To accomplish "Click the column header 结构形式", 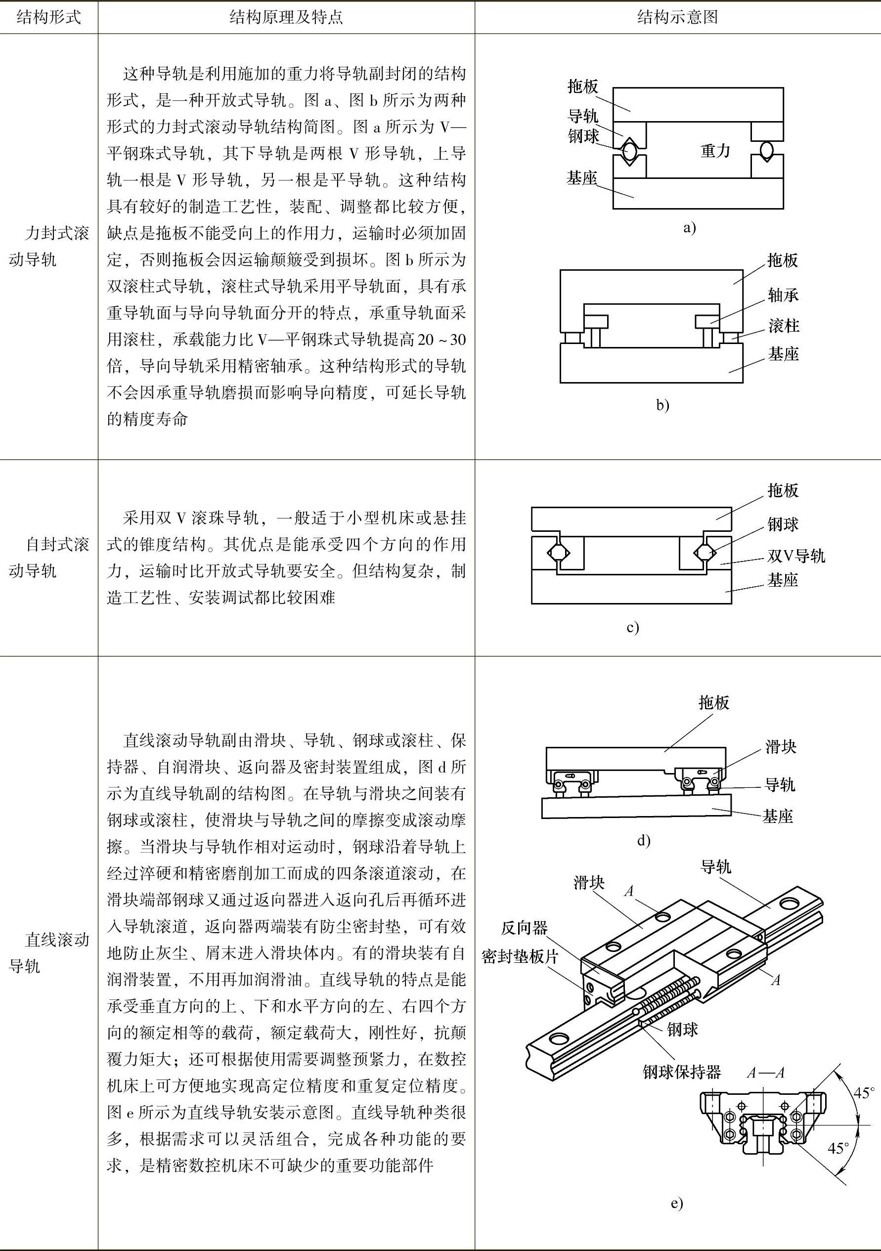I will coord(48,17).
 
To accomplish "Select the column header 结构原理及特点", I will coord(286,17).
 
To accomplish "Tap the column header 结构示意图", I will coord(677,17).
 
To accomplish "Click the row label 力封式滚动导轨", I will coord(48,247).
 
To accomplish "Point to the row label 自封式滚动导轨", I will coord(48,558).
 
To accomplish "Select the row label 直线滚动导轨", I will coord(48,953).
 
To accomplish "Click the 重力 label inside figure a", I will coord(715,150).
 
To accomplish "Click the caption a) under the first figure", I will coord(689,228).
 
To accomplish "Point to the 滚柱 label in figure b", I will coord(784,326).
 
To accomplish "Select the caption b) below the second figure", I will coord(662,405).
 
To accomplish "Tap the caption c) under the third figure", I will coord(632,628).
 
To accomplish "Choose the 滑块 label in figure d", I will coord(781,747).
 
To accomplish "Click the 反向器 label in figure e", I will coord(524,927).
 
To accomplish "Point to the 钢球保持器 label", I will coord(682,1072).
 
